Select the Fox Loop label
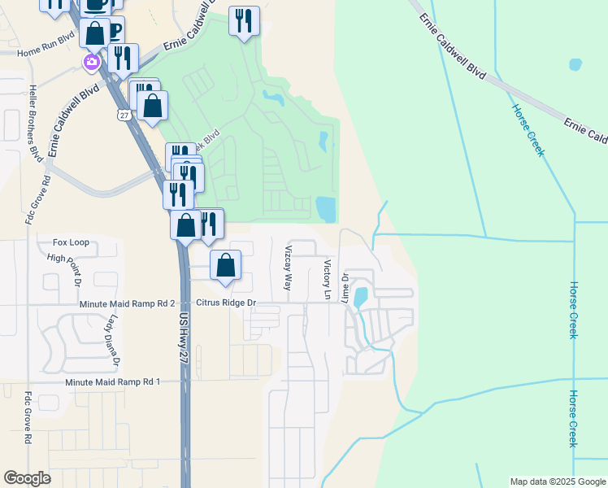click(x=71, y=242)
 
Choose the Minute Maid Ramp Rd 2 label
click(x=128, y=303)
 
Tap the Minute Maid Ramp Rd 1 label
click(x=113, y=381)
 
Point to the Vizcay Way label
click(x=287, y=269)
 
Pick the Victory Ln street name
click(x=327, y=279)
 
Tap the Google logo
click(x=28, y=478)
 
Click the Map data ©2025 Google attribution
click(x=558, y=481)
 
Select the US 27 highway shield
click(x=123, y=115)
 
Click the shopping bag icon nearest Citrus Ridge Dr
click(x=226, y=265)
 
